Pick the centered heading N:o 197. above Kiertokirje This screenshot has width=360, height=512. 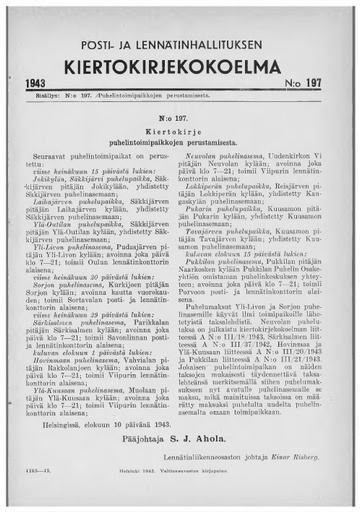tap(179, 115)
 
